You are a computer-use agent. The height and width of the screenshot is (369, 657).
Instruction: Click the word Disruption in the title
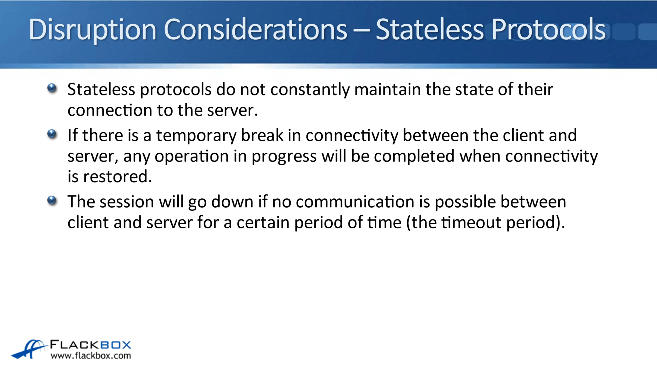coord(92,30)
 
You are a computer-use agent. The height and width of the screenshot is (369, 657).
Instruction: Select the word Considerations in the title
coord(255,29)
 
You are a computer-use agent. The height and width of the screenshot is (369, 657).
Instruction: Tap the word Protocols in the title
coord(548,29)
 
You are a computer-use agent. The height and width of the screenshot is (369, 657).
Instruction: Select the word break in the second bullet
coord(262,135)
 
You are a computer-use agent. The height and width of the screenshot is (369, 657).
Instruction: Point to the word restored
coord(117,176)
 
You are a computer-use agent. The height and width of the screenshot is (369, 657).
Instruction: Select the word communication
coord(355,202)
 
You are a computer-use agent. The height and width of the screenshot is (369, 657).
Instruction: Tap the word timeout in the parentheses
coord(471,223)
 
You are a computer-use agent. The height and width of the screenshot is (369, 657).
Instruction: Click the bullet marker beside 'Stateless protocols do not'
coord(52,88)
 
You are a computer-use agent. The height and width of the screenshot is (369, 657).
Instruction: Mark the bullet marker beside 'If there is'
coord(52,134)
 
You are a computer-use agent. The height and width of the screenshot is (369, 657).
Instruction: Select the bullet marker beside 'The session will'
coord(52,201)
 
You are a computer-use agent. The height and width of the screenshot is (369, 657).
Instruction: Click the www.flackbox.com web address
coord(91,356)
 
